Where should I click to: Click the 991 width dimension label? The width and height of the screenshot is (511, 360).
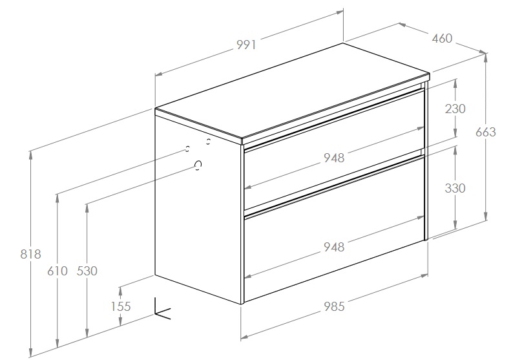point(246,45)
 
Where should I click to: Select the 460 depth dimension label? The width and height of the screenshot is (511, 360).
point(443,39)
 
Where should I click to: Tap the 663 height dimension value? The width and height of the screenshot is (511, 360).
point(486,132)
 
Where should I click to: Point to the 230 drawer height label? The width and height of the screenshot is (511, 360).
point(455,109)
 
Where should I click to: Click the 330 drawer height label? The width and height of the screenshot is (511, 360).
point(455,188)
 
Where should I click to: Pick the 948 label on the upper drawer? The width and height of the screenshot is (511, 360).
point(334,158)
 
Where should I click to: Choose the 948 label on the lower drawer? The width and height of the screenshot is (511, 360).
point(334,247)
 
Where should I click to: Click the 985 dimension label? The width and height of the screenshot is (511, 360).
point(334,306)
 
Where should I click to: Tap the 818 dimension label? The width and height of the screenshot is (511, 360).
point(30,254)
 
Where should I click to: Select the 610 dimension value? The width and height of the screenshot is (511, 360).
point(57,271)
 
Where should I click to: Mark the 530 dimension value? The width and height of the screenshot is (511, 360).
point(87,271)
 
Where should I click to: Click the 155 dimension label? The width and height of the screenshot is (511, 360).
point(121,306)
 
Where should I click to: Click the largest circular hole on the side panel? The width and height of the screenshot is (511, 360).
point(198,165)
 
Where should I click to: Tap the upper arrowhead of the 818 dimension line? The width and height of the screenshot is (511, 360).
point(31,155)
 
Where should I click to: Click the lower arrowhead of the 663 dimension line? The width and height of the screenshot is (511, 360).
point(486,217)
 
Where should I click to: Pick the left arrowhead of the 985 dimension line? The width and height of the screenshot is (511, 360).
point(245,337)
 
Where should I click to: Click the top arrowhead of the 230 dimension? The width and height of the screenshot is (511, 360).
point(455,83)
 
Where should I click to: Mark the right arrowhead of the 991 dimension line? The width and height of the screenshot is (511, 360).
point(339,13)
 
